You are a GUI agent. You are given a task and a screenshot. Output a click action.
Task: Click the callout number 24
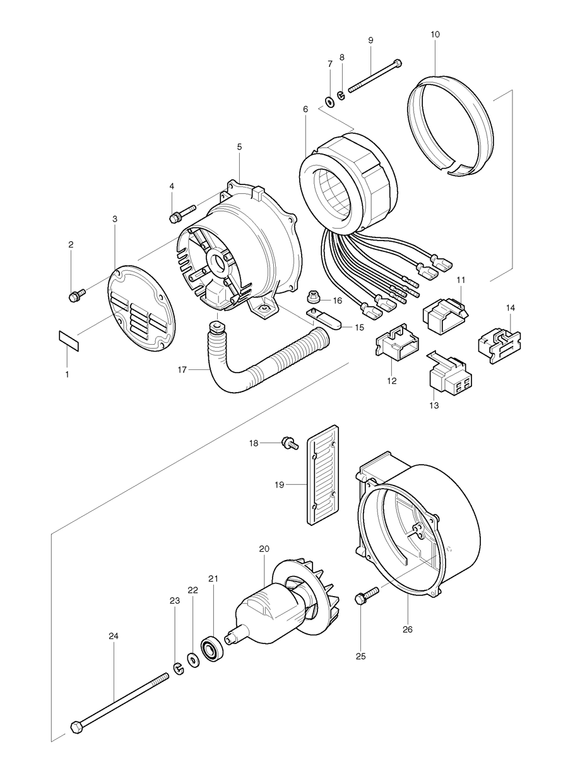click(x=114, y=636)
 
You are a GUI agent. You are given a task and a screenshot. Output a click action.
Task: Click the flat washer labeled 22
click(x=193, y=658)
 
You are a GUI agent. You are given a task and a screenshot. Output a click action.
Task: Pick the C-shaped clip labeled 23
click(x=178, y=665)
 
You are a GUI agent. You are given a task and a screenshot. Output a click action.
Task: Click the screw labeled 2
click(x=74, y=294)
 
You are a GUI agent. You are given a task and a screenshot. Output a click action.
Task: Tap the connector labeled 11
click(x=445, y=313)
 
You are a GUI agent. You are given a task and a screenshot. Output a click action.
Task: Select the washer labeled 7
click(x=329, y=100)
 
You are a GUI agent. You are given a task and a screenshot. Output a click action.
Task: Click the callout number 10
click(x=435, y=34)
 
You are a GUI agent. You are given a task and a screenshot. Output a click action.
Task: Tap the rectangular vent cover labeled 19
click(x=324, y=477)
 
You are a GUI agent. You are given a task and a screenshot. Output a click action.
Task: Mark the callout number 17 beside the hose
click(x=182, y=370)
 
